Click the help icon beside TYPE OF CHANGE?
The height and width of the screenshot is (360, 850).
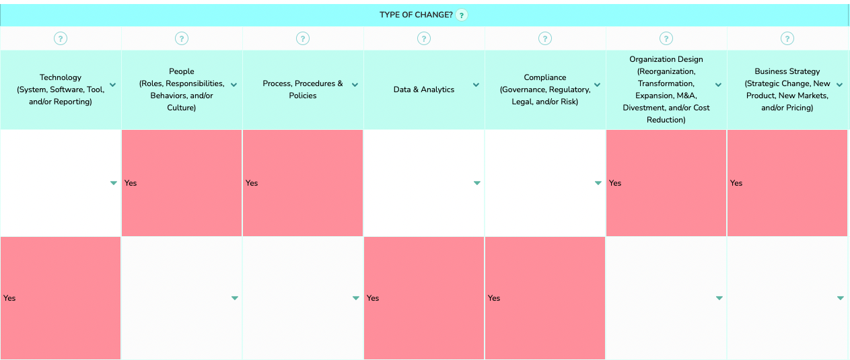pyautogui.click(x=462, y=15)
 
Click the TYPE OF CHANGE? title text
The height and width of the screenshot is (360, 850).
pyautogui.click(x=416, y=15)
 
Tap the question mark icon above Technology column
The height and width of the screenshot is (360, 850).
pyautogui.click(x=61, y=38)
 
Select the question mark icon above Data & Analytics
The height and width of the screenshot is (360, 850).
pyautogui.click(x=424, y=38)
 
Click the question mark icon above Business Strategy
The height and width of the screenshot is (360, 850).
pyautogui.click(x=787, y=38)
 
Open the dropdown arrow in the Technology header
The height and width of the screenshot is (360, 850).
pyautogui.click(x=113, y=85)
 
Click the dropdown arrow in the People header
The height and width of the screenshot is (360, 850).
pyautogui.click(x=234, y=85)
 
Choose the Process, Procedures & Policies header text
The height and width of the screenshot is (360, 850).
pyautogui.click(x=303, y=89)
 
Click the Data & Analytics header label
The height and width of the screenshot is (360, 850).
pyautogui.click(x=424, y=89)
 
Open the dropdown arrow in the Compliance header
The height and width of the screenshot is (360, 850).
pyautogui.click(x=597, y=85)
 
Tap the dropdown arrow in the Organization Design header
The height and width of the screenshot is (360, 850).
pyautogui.click(x=718, y=85)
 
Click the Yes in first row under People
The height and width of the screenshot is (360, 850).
pyautogui.click(x=131, y=183)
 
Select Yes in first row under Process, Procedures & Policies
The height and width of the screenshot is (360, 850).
pyautogui.click(x=252, y=183)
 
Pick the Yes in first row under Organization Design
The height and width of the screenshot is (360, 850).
pyautogui.click(x=615, y=183)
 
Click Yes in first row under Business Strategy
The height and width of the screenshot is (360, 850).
pyautogui.click(x=736, y=183)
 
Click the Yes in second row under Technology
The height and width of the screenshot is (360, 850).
pyautogui.click(x=9, y=298)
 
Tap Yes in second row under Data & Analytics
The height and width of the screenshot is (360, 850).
pyautogui.click(x=373, y=298)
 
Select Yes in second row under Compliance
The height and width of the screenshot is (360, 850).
pyautogui.click(x=494, y=298)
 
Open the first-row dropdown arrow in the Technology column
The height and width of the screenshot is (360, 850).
pyautogui.click(x=114, y=183)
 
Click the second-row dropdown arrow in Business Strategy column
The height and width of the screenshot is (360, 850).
pyautogui.click(x=841, y=298)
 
